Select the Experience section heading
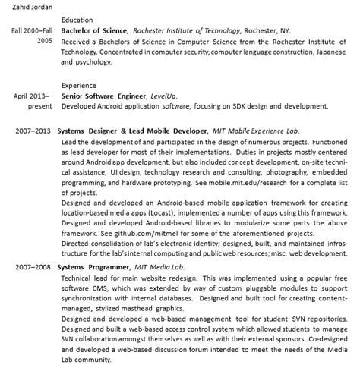(x=80, y=87)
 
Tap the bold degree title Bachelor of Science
(x=94, y=30)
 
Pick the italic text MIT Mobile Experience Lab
(x=256, y=131)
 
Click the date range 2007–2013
(x=32, y=131)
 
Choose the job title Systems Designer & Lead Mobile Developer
(x=131, y=131)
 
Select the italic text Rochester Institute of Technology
(x=181, y=30)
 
